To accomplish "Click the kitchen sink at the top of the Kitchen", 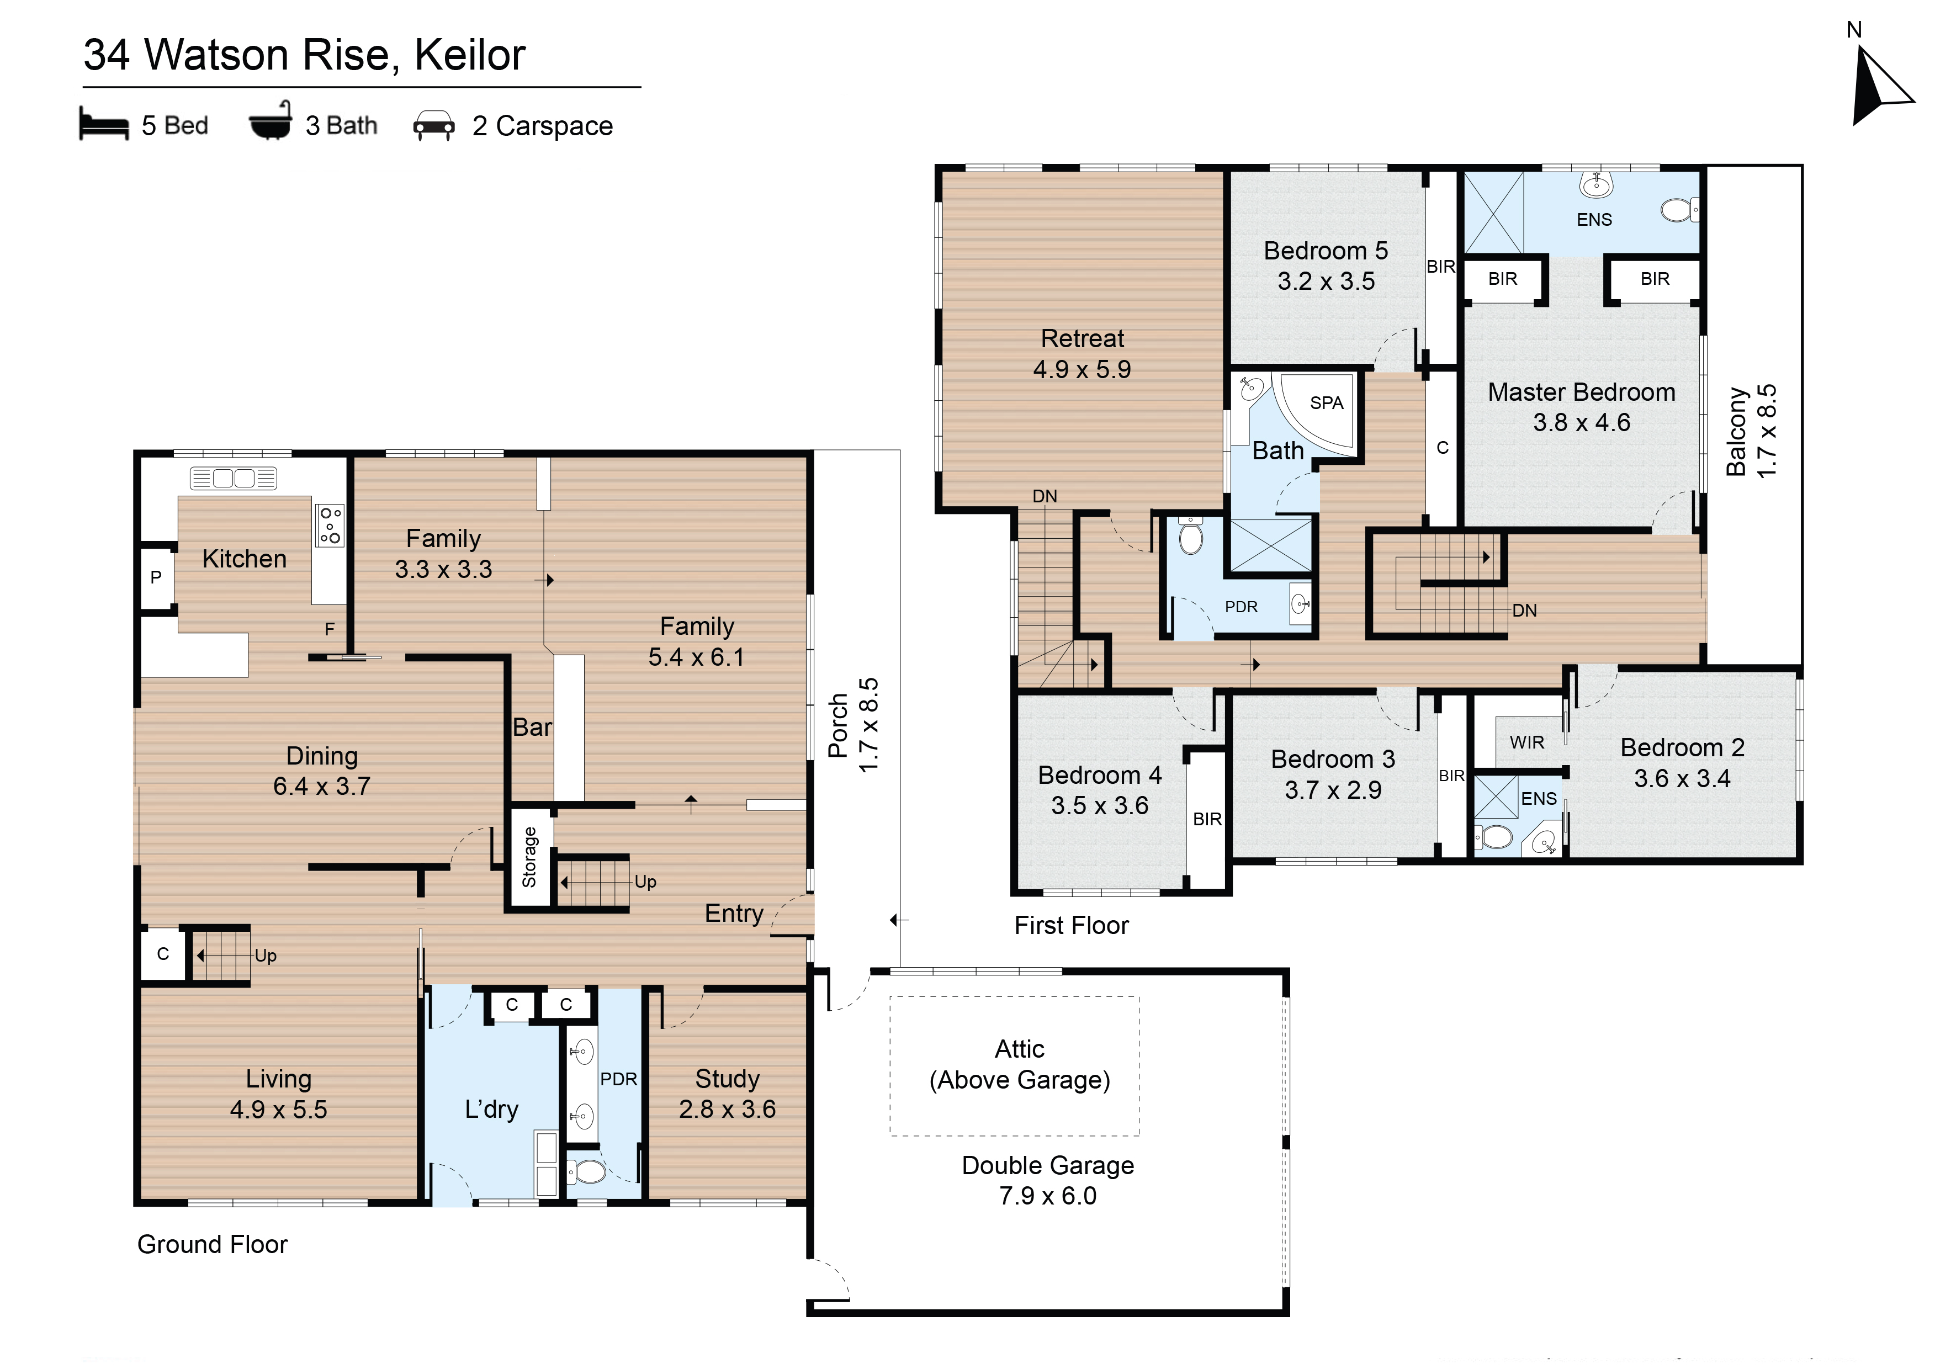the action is (x=234, y=478).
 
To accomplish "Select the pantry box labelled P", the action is (x=156, y=577).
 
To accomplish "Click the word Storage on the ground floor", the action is (x=529, y=857).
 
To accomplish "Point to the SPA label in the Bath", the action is (x=1326, y=403).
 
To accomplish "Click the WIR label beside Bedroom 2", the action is (x=1527, y=742).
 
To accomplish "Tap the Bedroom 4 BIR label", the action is (x=1207, y=819).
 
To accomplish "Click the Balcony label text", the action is (x=1736, y=432).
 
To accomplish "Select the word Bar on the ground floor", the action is (x=532, y=726).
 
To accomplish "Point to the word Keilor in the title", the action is (x=470, y=56).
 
